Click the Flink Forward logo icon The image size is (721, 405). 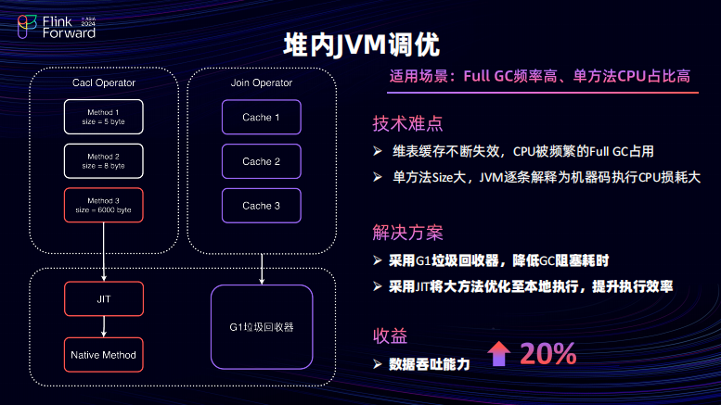coord(27,28)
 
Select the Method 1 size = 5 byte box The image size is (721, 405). coord(103,116)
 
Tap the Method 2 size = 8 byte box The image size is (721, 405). coord(103,160)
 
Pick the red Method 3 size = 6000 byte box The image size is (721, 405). coord(103,206)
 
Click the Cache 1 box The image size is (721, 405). coord(261,118)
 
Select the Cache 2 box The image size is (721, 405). coord(261,161)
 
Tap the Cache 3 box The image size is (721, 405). coord(261,206)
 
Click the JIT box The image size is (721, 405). coord(103,298)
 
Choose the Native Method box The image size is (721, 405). coord(103,354)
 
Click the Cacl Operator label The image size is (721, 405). coord(103,83)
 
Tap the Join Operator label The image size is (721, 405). coord(261,83)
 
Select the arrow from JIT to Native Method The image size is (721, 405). coord(103,325)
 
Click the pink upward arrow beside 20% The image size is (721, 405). coord(499,354)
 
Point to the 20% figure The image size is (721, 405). coord(547,353)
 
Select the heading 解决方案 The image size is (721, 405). coord(407,232)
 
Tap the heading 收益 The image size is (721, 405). coord(390,336)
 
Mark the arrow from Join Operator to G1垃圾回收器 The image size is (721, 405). coord(262,266)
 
